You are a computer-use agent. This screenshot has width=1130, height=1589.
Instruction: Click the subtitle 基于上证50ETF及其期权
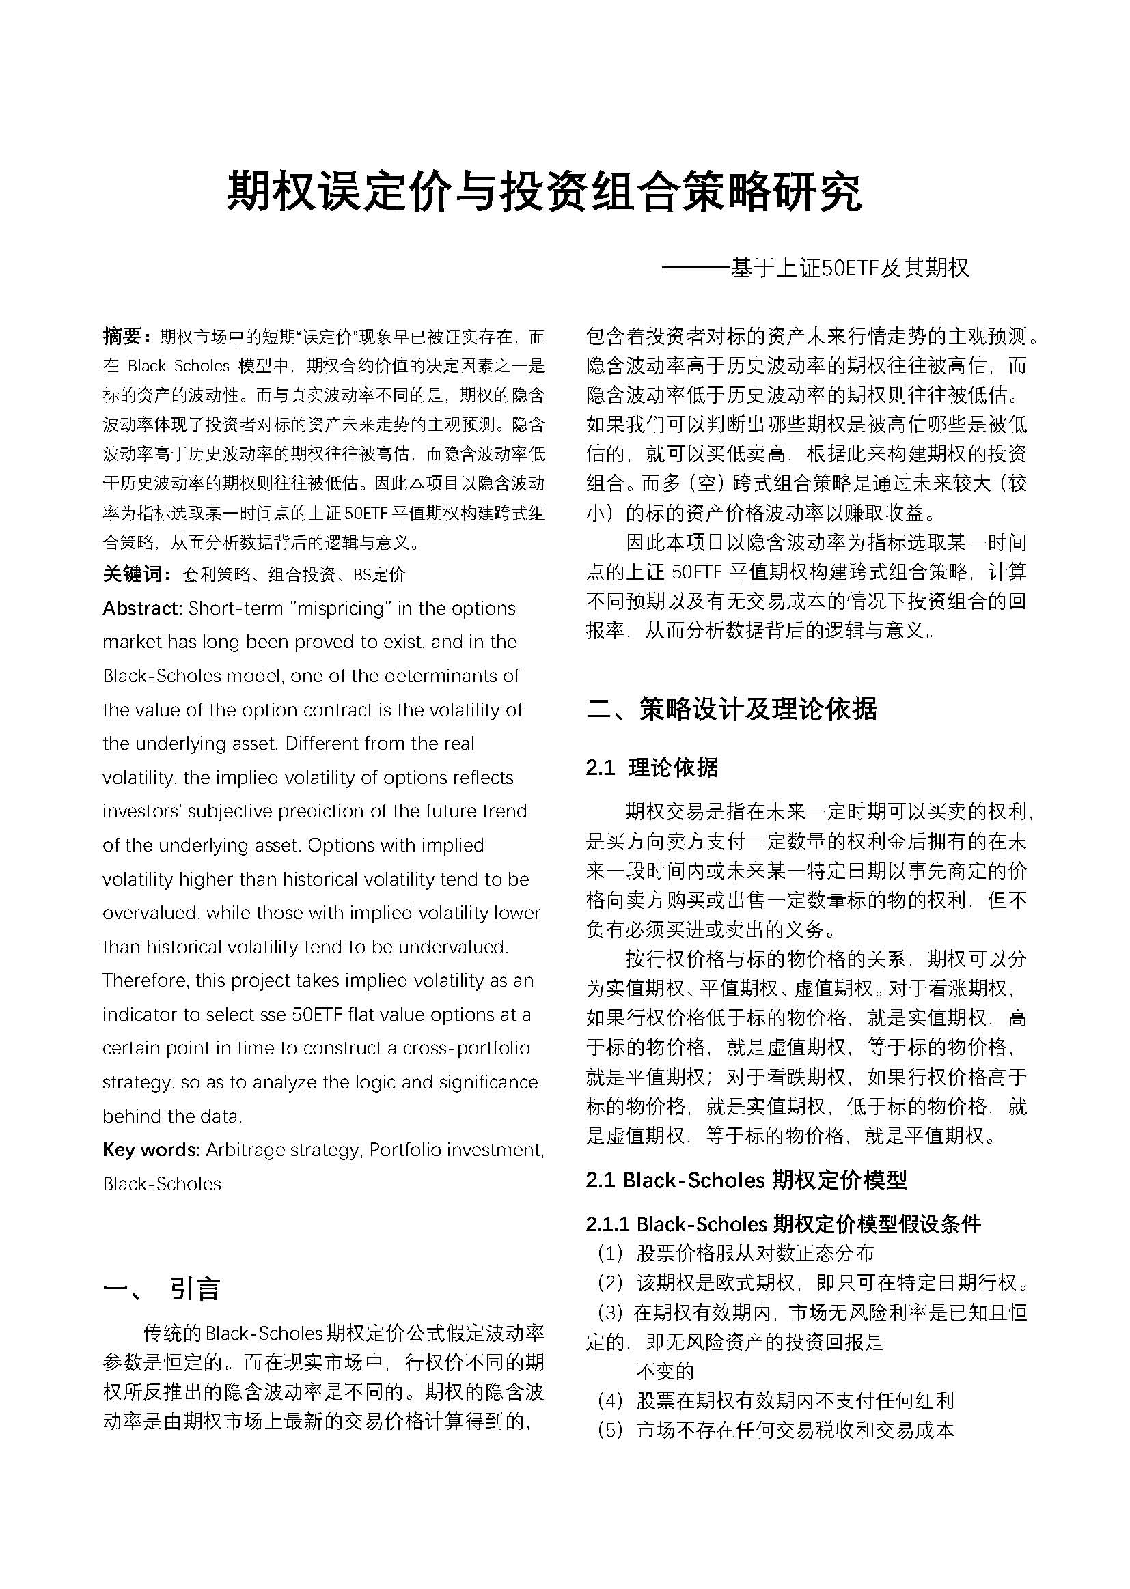click(849, 268)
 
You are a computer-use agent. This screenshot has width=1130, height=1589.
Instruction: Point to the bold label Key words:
click(151, 1149)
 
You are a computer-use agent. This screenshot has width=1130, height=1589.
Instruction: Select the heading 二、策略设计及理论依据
click(731, 709)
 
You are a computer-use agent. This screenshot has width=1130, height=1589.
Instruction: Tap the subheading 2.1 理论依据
click(651, 767)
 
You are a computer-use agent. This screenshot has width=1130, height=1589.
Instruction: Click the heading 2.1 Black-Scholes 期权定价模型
click(746, 1179)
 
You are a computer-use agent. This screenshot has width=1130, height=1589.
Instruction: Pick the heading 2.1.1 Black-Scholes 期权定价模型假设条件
click(783, 1223)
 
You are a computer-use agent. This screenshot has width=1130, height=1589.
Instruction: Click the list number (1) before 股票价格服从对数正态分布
click(609, 1253)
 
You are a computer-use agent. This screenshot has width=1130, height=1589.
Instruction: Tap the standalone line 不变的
click(665, 1370)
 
